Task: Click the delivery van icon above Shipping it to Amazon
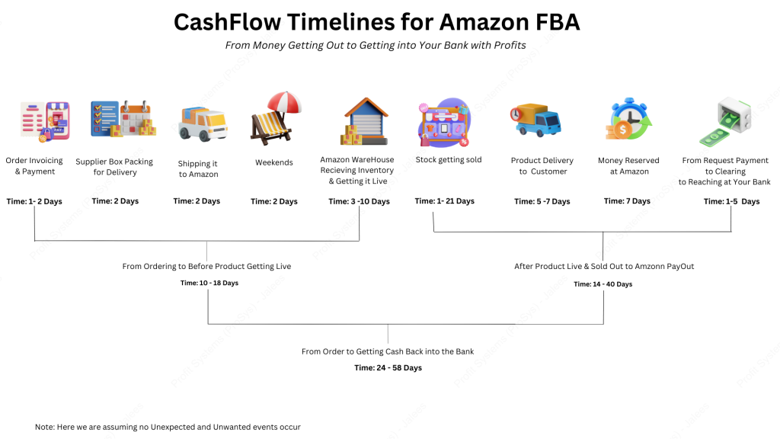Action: pos(203,123)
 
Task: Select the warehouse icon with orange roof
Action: pos(364,121)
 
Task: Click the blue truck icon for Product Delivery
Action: pos(535,120)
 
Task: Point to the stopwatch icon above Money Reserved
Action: pos(628,120)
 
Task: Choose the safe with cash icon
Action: pos(725,122)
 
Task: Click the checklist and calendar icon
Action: pos(123,118)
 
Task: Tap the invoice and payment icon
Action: pos(45,121)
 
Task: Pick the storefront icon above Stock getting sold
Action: pos(444,123)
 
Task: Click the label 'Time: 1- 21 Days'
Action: pos(445,201)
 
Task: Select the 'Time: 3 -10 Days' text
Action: pos(360,201)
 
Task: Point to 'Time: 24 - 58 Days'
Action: pos(388,368)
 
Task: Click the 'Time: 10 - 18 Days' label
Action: pos(209,283)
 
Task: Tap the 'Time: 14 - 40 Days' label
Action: pos(603,284)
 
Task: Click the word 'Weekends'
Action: pos(274,162)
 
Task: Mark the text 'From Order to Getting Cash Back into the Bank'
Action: pos(388,351)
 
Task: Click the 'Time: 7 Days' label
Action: pos(628,201)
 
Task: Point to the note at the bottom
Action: pos(168,427)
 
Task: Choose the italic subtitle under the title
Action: pos(376,45)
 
